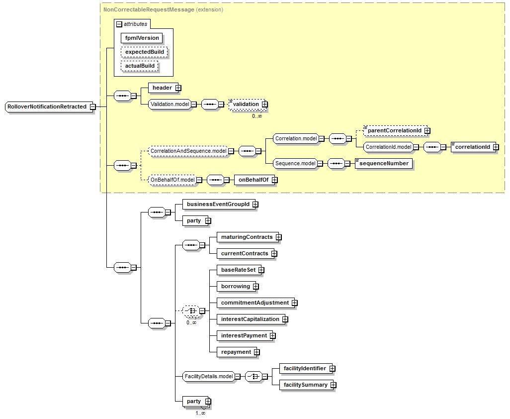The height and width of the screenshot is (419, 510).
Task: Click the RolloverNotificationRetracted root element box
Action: [47, 106]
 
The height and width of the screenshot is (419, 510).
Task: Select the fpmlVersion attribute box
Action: [142, 38]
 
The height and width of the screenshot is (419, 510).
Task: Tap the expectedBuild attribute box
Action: [144, 52]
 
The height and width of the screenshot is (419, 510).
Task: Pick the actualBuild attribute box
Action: [140, 66]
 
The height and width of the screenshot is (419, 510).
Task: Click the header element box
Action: [162, 88]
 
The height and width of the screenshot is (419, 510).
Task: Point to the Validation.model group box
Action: [170, 104]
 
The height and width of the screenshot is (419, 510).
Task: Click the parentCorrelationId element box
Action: [394, 130]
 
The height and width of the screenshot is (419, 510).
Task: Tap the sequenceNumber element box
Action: [384, 163]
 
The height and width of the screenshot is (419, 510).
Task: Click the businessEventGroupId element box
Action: [218, 204]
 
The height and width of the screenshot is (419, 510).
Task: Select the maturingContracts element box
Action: [247, 237]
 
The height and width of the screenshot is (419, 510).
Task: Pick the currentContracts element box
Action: [245, 253]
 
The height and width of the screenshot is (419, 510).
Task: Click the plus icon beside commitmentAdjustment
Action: [295, 303]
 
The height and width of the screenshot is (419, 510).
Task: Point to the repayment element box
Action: [236, 352]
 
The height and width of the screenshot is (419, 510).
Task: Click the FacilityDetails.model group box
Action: [209, 376]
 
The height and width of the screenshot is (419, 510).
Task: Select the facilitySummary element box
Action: [306, 385]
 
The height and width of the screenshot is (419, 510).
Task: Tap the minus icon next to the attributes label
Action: [119, 24]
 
